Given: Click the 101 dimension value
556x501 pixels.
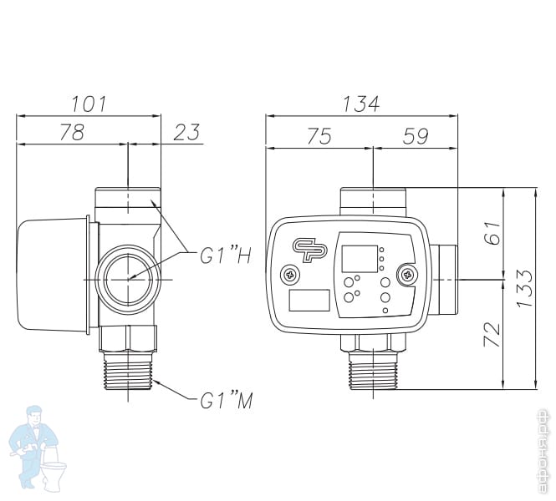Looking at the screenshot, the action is click(x=89, y=104).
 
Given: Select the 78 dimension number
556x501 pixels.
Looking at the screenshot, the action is click(x=72, y=132).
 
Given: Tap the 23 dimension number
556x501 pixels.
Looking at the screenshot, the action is click(x=186, y=132).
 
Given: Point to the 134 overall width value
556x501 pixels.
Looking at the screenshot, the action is click(x=361, y=104).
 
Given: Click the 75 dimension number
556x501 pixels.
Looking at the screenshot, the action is click(x=319, y=136).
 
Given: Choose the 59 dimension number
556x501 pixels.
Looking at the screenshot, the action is click(x=416, y=136).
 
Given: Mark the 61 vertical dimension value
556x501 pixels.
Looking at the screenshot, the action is click(x=492, y=233).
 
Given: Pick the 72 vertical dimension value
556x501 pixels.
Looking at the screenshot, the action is click(x=492, y=335).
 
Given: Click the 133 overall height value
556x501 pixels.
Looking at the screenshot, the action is click(x=524, y=289).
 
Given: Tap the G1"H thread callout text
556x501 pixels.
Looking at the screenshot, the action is click(x=226, y=256).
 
